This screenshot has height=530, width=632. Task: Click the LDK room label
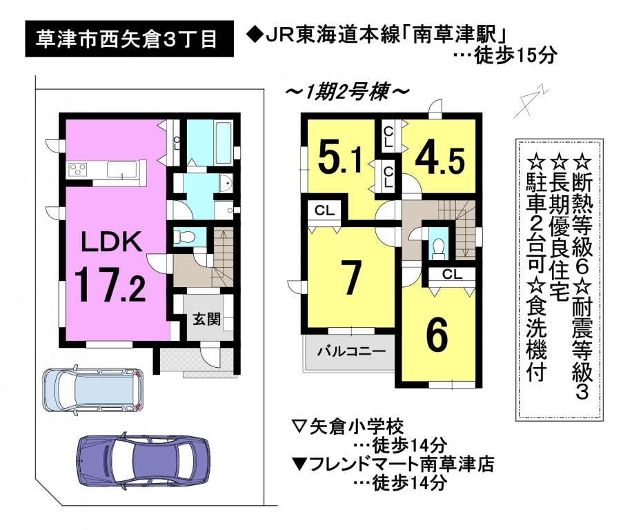pos(112,242)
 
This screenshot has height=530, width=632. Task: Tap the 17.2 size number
pos(110,284)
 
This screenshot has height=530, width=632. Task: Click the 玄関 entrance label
pos(206,320)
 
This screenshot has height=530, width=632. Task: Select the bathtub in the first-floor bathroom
pos(224,143)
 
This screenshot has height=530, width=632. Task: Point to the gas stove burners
pos(78,168)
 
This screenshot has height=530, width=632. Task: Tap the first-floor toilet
pos(184,237)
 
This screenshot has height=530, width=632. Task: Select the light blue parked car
pos(93,390)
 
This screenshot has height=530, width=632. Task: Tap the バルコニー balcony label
pos(351,351)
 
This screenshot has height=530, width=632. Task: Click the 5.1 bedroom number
pos(339,157)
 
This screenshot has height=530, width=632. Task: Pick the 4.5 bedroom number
pos(440,159)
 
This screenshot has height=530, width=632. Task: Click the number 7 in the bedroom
pos(350,278)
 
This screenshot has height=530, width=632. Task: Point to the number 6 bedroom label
pos(437,335)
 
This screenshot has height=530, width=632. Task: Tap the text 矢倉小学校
pos(357,426)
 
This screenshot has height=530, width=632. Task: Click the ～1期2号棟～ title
pos(347,92)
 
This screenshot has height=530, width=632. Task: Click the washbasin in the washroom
pos(227,184)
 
